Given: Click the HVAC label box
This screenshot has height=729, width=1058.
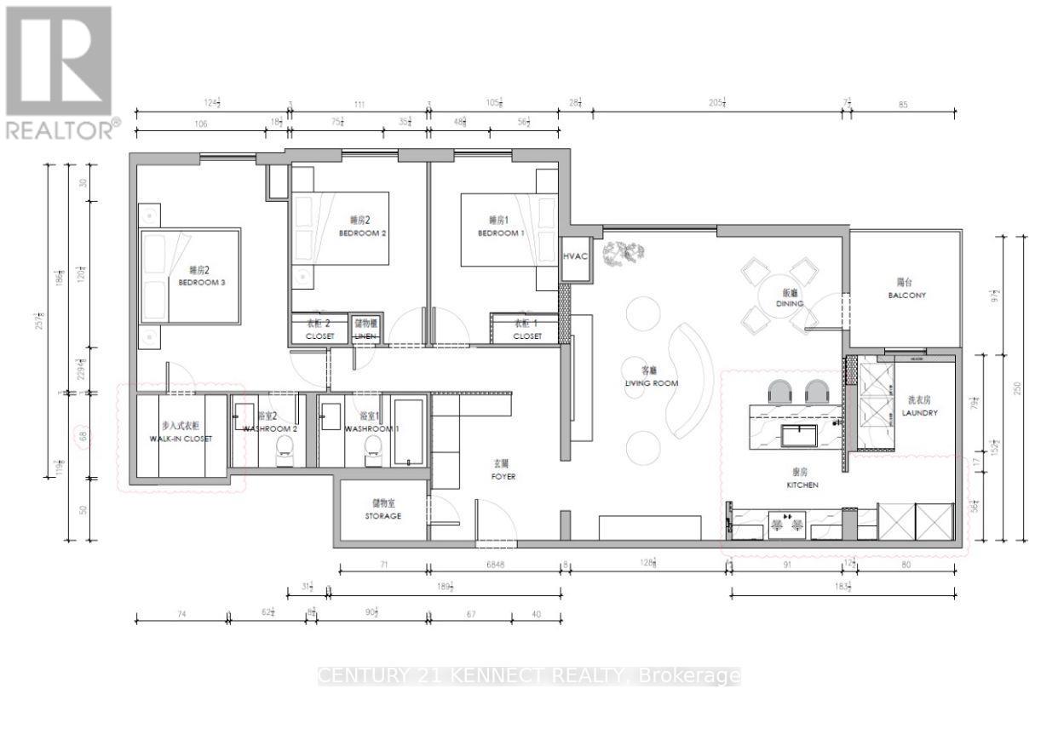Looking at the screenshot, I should tap(575, 256).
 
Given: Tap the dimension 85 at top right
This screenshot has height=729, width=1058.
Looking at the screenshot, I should tap(903, 105).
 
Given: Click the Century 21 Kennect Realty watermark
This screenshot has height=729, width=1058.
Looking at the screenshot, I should tap(528, 676).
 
